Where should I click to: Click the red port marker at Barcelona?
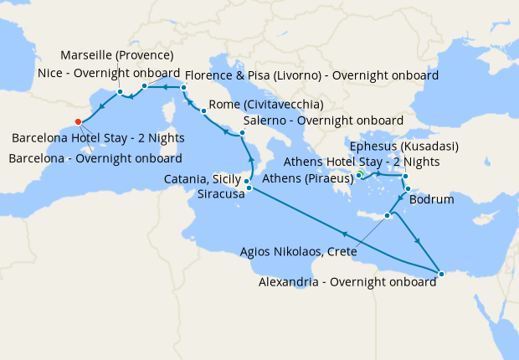point(78,121)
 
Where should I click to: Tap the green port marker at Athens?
point(359,173)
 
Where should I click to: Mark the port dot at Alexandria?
point(441,273)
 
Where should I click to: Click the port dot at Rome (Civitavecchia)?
point(203,111)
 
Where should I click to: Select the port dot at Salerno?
point(242,133)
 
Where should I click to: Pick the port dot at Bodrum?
point(407,188)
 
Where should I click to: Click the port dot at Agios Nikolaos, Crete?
point(388,216)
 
